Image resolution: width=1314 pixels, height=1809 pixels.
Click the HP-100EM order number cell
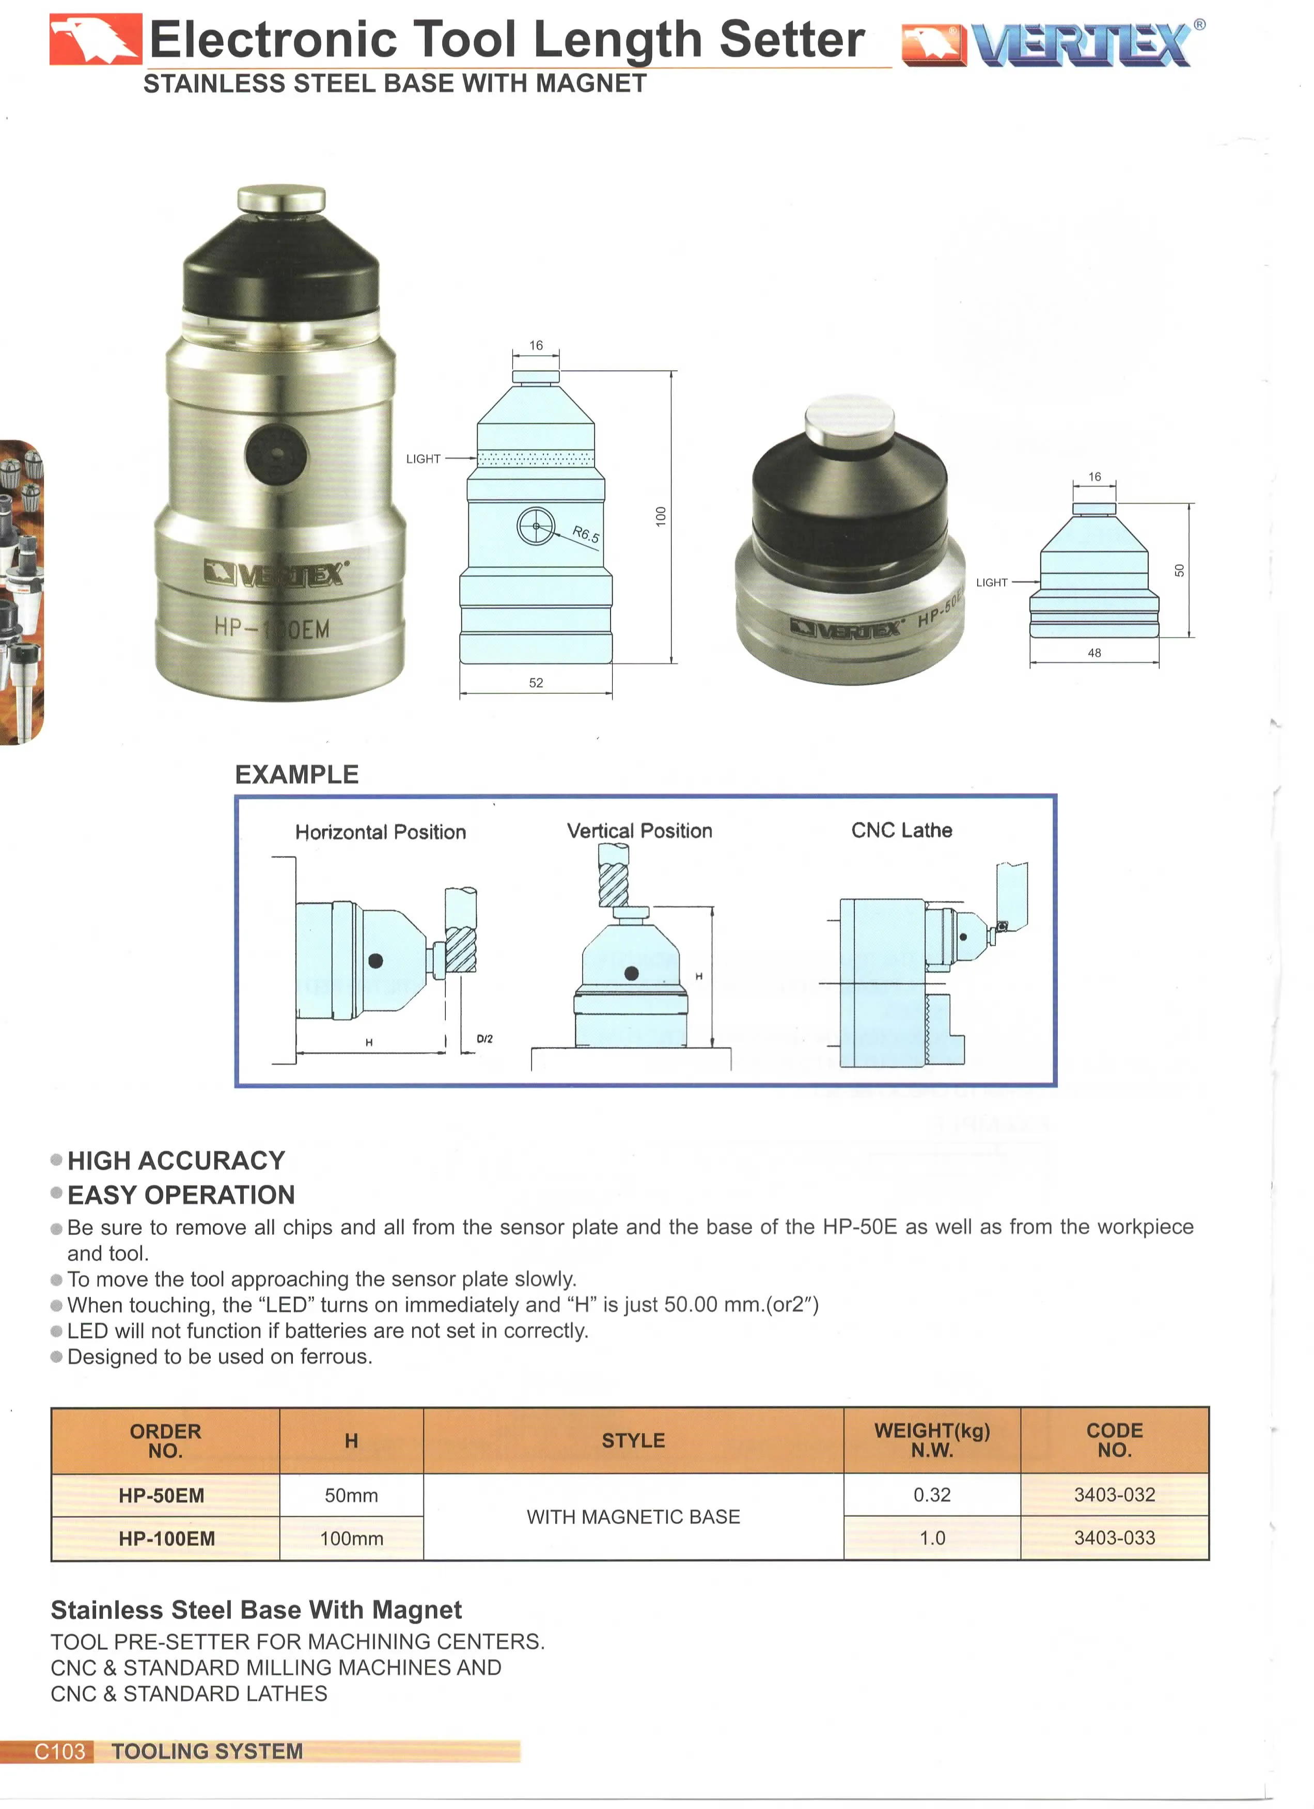[x=167, y=1538]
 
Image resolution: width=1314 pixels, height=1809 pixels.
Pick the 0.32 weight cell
[x=932, y=1494]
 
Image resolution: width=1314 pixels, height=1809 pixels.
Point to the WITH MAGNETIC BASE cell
[x=633, y=1516]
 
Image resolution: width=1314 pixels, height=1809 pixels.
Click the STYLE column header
[x=633, y=1440]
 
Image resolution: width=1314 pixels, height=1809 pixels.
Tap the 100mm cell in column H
[x=351, y=1538]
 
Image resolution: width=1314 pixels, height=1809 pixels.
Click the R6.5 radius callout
[x=586, y=534]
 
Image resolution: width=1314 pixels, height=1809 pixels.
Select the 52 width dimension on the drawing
[x=536, y=683]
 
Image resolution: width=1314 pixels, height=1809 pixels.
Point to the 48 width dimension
[x=1094, y=653]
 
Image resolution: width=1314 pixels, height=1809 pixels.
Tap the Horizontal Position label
[x=381, y=832]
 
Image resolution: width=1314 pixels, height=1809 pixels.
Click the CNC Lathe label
[x=901, y=830]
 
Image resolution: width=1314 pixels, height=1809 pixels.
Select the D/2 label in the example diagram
[x=484, y=1039]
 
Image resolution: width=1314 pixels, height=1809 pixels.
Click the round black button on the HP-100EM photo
[x=276, y=455]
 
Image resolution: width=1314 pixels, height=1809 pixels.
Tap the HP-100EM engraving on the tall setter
[x=271, y=628]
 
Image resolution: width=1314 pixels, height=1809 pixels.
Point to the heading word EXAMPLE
[x=297, y=774]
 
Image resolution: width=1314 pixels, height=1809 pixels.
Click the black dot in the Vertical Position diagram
[x=631, y=973]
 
